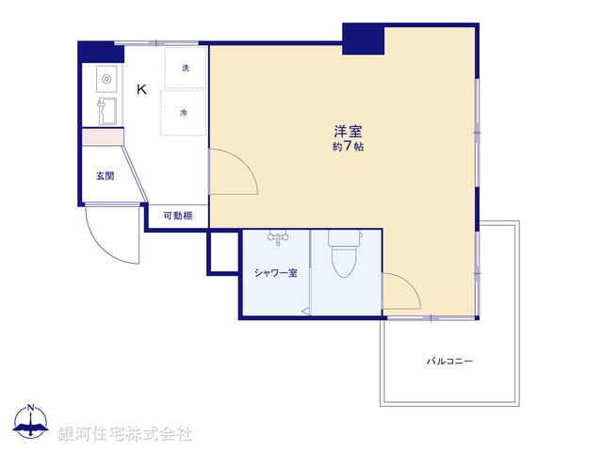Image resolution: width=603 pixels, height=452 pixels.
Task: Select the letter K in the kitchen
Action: click(141, 90)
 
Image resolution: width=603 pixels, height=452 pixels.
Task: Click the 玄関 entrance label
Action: click(104, 176)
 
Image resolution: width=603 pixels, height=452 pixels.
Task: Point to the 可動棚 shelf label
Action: click(177, 217)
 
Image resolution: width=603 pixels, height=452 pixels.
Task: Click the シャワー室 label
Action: click(275, 273)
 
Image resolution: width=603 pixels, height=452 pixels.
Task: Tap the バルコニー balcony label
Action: click(449, 361)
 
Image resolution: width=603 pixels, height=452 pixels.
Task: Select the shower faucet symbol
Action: click(277, 237)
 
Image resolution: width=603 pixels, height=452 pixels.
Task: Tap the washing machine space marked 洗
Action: click(186, 68)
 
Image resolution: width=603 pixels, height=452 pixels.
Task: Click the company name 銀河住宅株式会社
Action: click(125, 434)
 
